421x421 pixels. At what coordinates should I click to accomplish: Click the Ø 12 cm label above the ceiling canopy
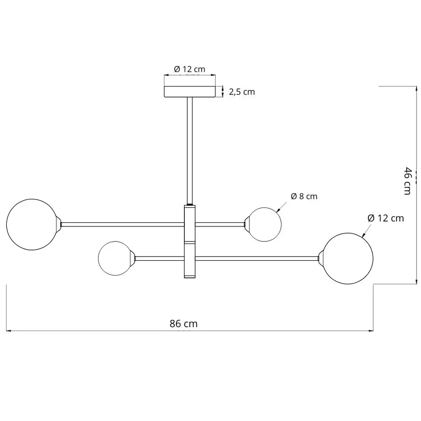[x=189, y=69]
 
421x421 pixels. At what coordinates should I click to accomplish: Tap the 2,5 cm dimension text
[x=242, y=92]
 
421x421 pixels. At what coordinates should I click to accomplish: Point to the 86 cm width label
[x=184, y=324]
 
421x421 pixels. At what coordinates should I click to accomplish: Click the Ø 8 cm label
[x=304, y=196]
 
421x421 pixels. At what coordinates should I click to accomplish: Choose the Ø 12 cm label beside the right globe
[x=386, y=218]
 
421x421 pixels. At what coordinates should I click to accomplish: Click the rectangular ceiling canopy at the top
[x=190, y=92]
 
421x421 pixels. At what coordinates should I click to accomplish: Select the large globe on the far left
[x=32, y=224]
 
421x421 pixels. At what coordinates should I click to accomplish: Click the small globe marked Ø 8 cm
[x=265, y=224]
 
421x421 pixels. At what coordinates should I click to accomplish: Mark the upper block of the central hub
[x=190, y=223]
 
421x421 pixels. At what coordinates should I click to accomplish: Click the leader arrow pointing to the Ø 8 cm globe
[x=279, y=209]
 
